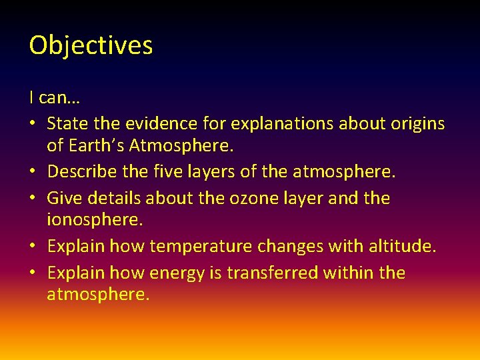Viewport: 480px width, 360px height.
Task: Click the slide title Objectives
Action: (x=91, y=45)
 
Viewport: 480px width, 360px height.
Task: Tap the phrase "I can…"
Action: (x=55, y=98)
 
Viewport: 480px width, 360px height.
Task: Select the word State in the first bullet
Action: (x=66, y=123)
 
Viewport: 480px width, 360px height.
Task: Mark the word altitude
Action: (x=402, y=247)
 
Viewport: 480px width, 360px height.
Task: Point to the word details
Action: (x=111, y=198)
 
